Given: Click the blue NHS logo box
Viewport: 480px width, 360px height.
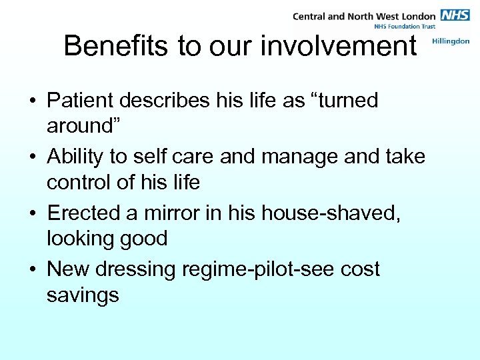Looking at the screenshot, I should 455,15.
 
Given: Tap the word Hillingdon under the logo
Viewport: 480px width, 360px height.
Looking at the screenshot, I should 451,41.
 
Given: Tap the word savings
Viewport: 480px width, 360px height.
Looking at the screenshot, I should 83,294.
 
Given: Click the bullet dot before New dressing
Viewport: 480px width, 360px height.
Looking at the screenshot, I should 32,270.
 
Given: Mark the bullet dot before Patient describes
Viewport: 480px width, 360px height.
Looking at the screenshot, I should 32,101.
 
